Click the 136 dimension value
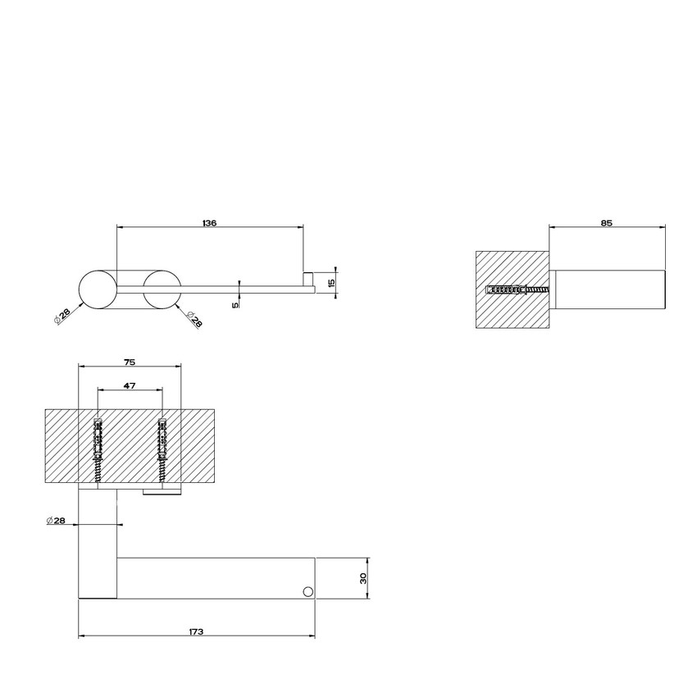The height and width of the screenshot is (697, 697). (209, 223)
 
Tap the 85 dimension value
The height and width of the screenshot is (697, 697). (606, 222)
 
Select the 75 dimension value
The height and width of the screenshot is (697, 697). (129, 361)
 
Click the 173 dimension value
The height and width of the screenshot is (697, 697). (195, 631)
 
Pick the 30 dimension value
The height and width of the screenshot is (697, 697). (362, 578)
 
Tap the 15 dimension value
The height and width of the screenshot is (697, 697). (330, 282)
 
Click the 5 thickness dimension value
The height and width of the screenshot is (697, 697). (235, 303)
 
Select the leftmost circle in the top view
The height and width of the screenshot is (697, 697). (98, 289)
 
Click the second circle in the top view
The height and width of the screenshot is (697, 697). (162, 289)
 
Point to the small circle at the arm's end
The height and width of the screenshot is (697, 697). (307, 590)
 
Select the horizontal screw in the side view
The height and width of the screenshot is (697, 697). (518, 289)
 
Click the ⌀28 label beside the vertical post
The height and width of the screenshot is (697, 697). (57, 521)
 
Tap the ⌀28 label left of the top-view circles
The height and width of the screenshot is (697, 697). (62, 317)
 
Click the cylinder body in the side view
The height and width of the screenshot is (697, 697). (607, 289)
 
